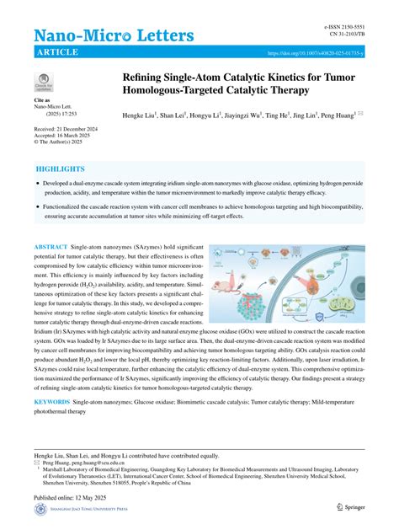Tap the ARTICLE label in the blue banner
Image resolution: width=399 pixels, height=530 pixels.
coord(57,53)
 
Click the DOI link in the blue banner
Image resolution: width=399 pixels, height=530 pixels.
coord(316,53)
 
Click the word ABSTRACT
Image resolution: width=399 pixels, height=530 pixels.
coord(51,247)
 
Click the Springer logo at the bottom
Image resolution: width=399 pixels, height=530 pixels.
coord(350,507)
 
